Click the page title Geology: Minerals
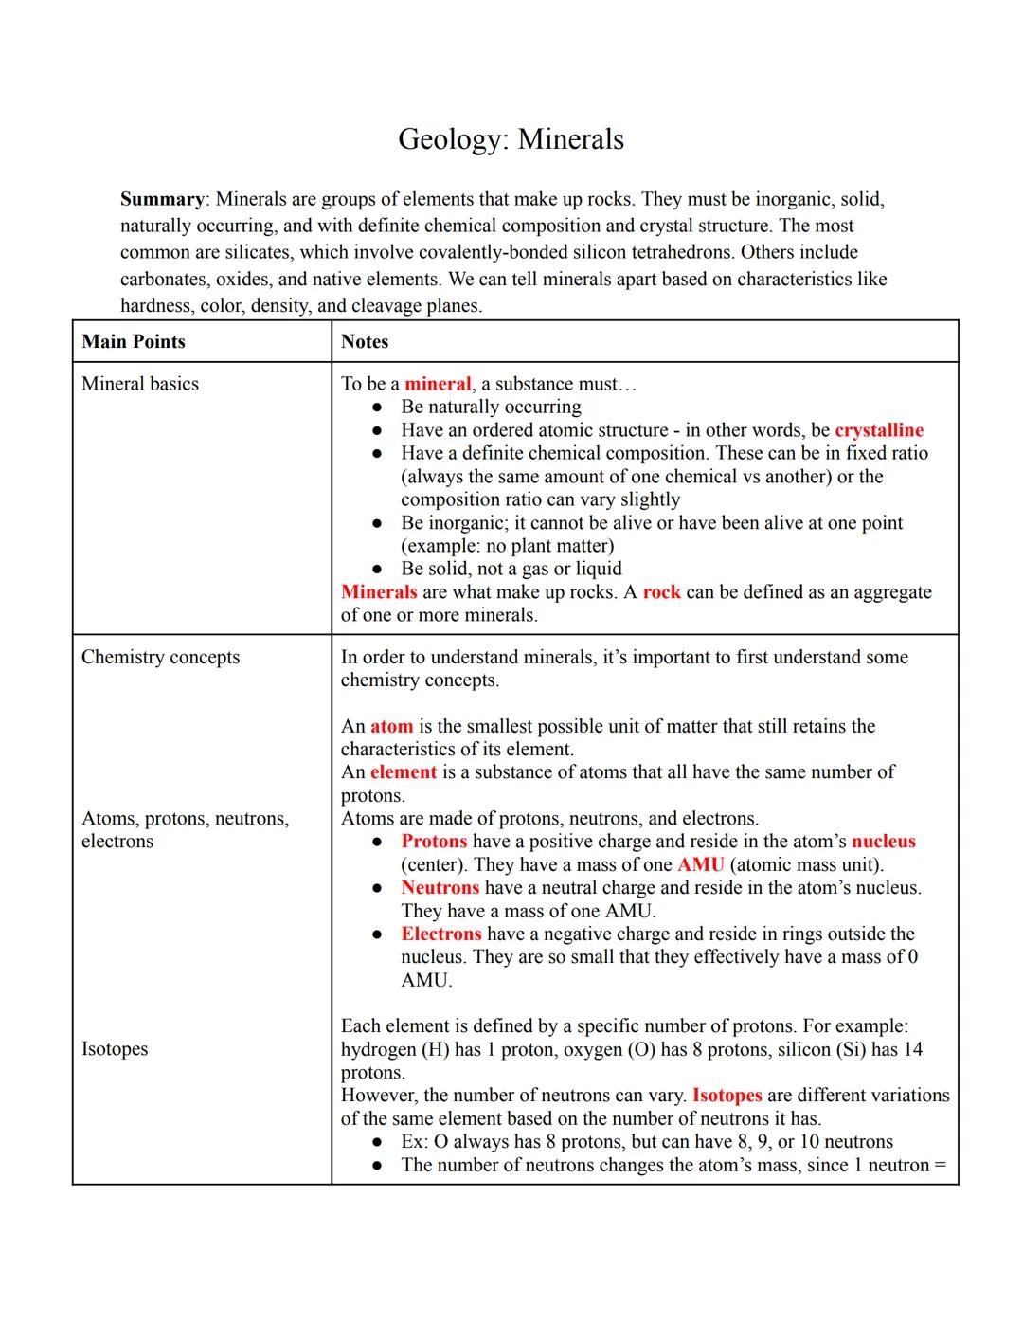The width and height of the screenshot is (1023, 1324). [511, 139]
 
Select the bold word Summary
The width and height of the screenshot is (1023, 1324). [162, 199]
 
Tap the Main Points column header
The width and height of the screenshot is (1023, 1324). [134, 341]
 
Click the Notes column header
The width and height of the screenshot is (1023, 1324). [365, 341]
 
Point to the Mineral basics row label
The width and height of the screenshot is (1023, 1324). [140, 384]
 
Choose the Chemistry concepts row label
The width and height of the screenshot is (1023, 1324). [160, 657]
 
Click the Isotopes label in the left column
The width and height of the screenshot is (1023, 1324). [115, 1049]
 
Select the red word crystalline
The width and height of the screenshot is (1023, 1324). [878, 430]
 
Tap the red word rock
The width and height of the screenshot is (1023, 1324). [661, 592]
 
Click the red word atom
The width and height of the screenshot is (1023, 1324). [391, 726]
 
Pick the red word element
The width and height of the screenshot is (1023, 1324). [404, 771]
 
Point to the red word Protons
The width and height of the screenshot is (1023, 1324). [434, 842]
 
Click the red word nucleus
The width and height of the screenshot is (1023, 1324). [883, 842]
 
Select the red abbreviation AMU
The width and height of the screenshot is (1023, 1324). [701, 865]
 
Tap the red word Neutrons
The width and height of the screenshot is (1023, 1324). [440, 888]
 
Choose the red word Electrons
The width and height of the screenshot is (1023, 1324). [440, 934]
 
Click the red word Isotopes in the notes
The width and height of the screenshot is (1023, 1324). [727, 1096]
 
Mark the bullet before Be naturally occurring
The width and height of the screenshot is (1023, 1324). [377, 408]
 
